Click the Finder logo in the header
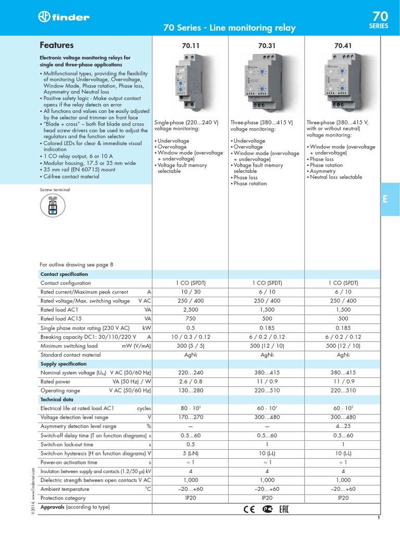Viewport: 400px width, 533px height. pyautogui.click(x=64, y=17)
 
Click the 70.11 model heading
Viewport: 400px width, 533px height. pyautogui.click(x=191, y=46)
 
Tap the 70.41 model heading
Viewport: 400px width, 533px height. pyautogui.click(x=343, y=46)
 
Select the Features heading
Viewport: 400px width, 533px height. pyautogui.click(x=57, y=45)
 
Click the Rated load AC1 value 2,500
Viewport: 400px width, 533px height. pyautogui.click(x=191, y=309)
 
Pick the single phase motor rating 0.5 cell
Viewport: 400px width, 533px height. pyautogui.click(x=191, y=328)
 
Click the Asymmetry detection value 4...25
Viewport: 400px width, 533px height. pyautogui.click(x=343, y=426)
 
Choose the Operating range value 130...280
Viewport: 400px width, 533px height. pyautogui.click(x=191, y=390)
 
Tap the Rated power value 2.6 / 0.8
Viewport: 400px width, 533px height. pyautogui.click(x=191, y=382)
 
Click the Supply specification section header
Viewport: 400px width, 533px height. pyautogui.click(x=64, y=364)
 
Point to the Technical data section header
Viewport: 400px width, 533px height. pyautogui.click(x=57, y=399)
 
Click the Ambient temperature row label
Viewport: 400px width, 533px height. pyautogui.click(x=65, y=489)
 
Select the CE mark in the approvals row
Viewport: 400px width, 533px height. pyautogui.click(x=251, y=508)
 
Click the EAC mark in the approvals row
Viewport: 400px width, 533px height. pyautogui.click(x=284, y=508)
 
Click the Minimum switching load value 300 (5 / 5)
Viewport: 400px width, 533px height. pyautogui.click(x=191, y=346)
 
